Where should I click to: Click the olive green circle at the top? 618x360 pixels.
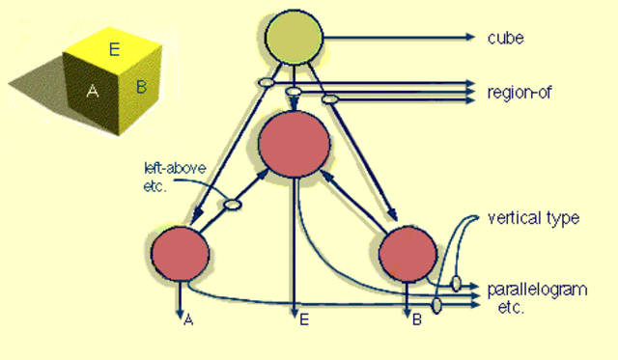(295, 40)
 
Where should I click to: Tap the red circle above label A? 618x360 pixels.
(180, 253)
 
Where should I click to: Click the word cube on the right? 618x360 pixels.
(506, 39)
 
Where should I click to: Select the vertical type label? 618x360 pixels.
(535, 218)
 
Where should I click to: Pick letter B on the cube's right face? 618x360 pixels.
(141, 88)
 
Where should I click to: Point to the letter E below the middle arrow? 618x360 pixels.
(303, 320)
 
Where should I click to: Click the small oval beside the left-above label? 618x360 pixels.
(233, 204)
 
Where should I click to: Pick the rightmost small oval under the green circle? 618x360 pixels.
(329, 98)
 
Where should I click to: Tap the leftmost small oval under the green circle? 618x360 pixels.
(263, 84)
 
